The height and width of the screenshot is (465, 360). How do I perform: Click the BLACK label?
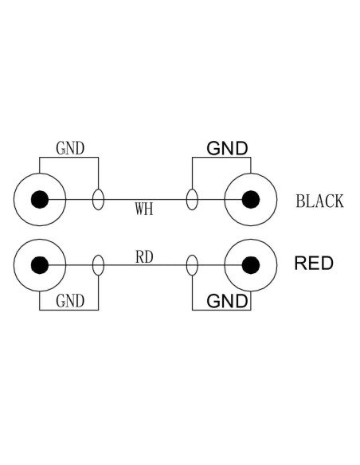(x=319, y=201)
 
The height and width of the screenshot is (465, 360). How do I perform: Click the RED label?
(x=314, y=263)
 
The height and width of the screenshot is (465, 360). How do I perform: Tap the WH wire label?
(x=144, y=209)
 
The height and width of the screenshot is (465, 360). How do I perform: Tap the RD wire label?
(x=144, y=257)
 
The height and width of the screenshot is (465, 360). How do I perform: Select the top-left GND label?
(x=70, y=148)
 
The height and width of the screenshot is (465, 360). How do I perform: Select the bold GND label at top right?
(x=227, y=148)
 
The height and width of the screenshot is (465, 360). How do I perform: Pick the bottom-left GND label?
(x=70, y=301)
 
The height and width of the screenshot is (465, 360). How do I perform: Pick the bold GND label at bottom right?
(x=227, y=301)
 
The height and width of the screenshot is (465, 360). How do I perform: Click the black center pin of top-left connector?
(x=40, y=200)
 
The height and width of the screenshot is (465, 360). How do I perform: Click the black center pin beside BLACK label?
(x=251, y=200)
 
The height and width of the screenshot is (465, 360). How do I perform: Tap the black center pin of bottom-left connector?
(x=40, y=265)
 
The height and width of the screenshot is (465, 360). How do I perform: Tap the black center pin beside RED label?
(x=251, y=265)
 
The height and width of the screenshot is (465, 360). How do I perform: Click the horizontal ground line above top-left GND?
(x=68, y=158)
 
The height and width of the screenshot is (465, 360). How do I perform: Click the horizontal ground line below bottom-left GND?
(x=68, y=311)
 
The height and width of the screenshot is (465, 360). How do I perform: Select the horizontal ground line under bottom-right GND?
(x=221, y=311)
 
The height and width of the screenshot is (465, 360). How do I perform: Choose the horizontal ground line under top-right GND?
(x=221, y=158)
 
